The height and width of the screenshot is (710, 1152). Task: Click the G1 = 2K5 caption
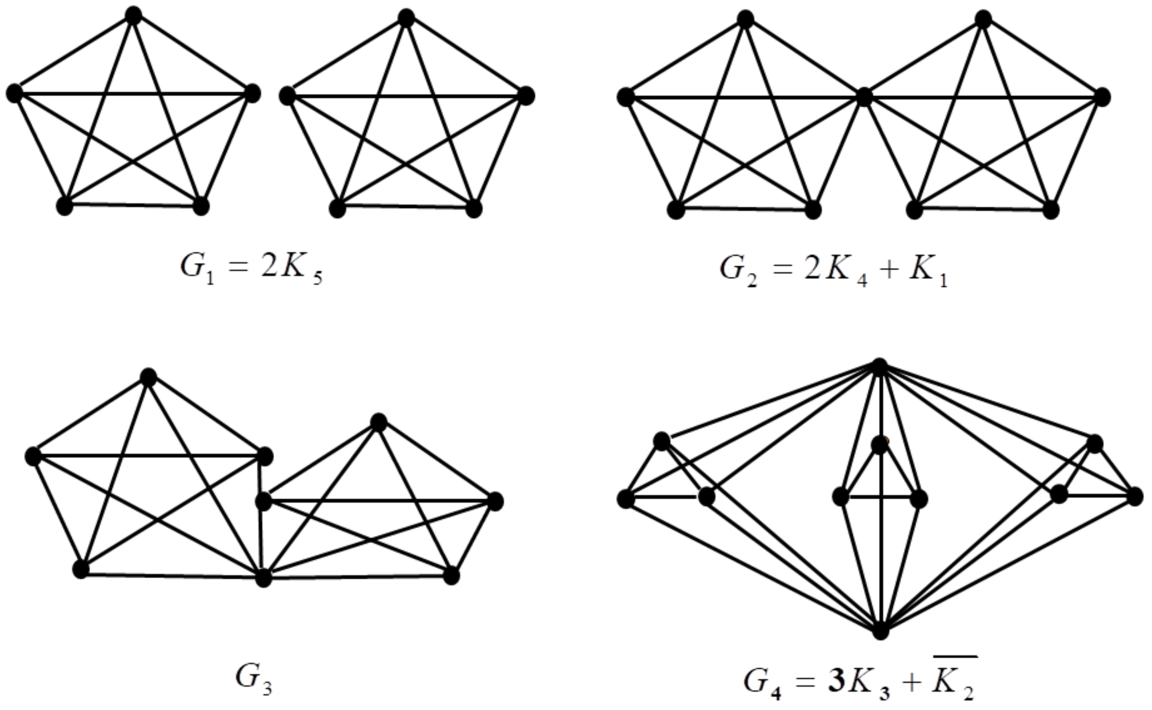[x=252, y=269]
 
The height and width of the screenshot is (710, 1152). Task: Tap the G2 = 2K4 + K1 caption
[x=834, y=271]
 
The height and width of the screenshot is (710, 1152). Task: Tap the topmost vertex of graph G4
[x=880, y=367]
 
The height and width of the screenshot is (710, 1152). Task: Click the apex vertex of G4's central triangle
[x=880, y=444]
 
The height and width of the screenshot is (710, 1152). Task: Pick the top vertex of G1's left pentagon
[x=134, y=16]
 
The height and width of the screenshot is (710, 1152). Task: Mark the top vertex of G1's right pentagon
[x=406, y=18]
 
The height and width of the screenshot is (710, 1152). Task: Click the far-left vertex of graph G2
[x=626, y=97]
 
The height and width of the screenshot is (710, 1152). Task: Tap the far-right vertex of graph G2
[x=1103, y=98]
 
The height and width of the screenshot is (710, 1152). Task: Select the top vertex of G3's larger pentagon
[x=148, y=377]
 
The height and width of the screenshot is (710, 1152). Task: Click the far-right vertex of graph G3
[x=495, y=502]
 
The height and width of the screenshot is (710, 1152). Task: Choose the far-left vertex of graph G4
[x=626, y=499]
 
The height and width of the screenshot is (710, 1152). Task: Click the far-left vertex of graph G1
[x=14, y=93]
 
